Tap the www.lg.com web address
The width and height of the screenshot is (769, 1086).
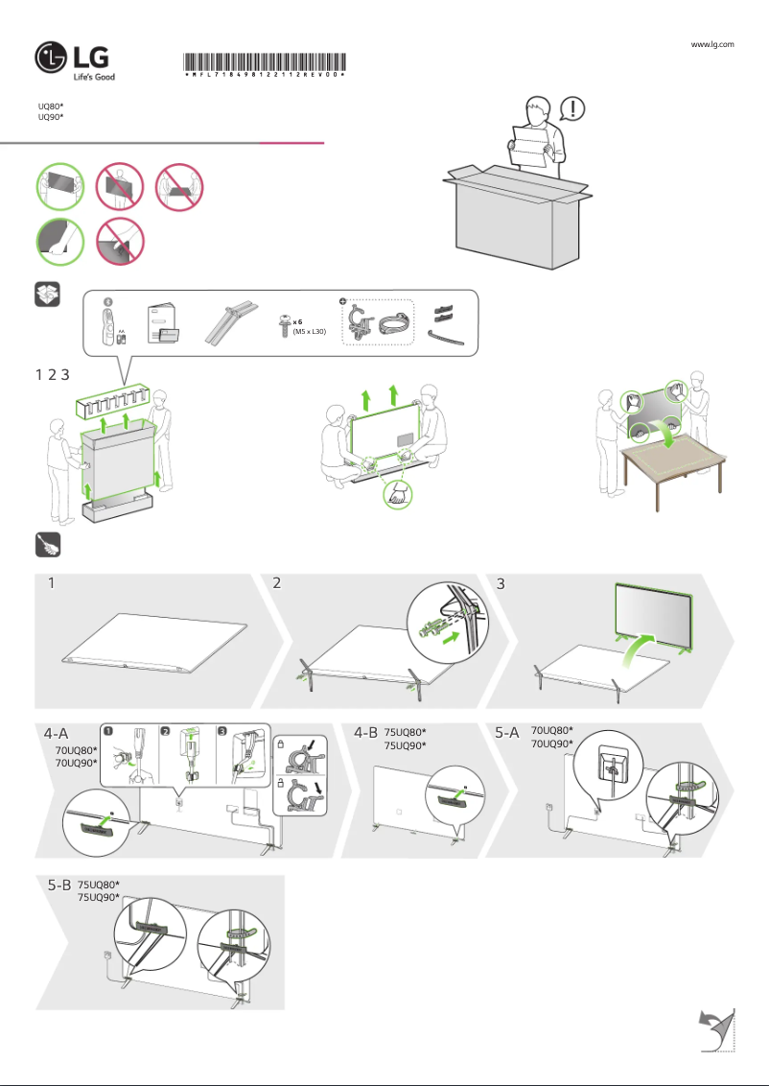click(x=712, y=44)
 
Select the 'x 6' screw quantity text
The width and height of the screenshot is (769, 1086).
click(x=298, y=321)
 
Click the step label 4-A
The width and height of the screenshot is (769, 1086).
click(x=57, y=733)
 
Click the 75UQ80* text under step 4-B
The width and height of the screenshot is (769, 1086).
click(x=405, y=732)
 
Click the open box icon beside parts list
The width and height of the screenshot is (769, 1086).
click(x=48, y=295)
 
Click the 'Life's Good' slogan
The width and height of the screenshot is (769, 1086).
click(x=94, y=77)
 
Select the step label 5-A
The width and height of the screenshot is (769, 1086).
click(x=507, y=733)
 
